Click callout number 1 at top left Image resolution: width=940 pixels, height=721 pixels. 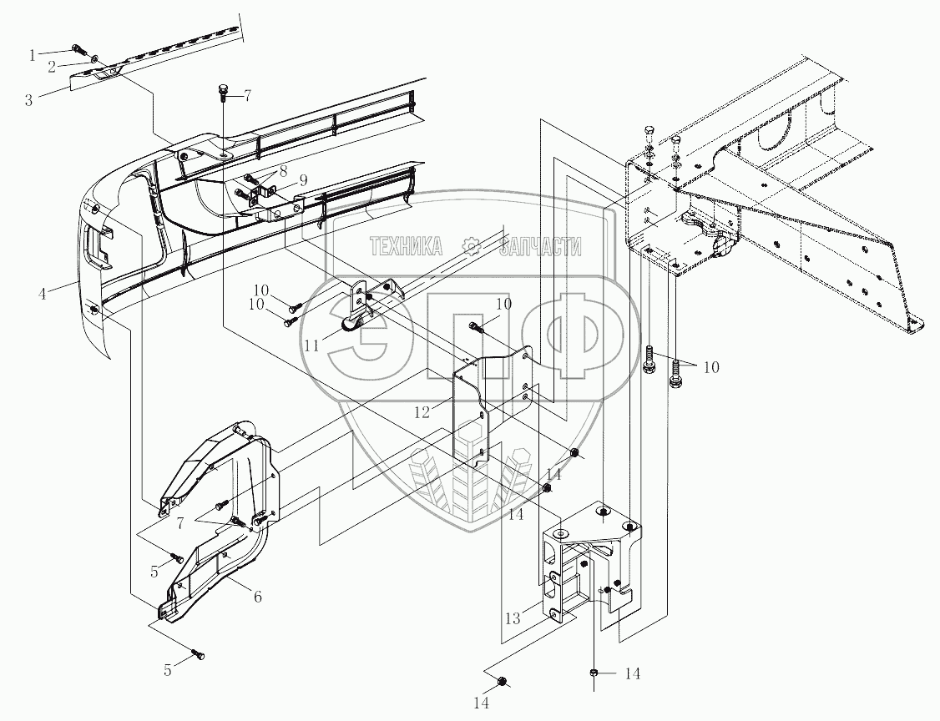pos(33,56)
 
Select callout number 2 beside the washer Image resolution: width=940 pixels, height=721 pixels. pos(52,67)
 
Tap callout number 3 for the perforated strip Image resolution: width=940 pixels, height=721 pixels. pos(28,99)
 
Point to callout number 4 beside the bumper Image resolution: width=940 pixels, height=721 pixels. pos(42,295)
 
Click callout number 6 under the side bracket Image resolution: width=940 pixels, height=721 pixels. pos(257,597)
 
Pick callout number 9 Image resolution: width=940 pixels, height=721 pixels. pos(303,179)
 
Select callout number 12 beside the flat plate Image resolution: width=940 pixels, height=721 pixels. pos(422,412)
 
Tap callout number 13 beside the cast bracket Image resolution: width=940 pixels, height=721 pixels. pos(513,618)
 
